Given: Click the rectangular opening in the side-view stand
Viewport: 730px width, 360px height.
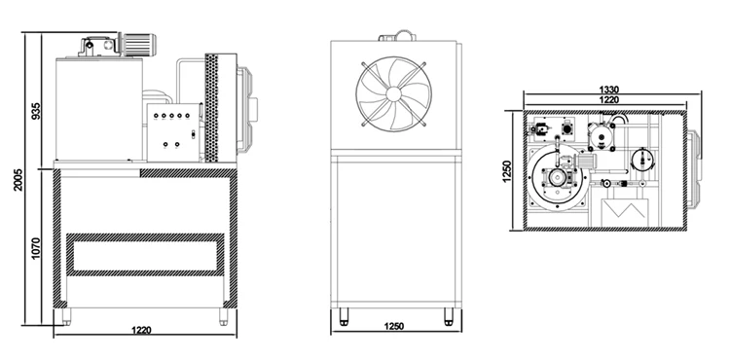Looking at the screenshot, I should (x=144, y=255).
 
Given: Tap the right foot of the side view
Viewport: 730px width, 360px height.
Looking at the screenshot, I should (x=222, y=314).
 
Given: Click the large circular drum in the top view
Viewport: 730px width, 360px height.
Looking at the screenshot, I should (x=560, y=181).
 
